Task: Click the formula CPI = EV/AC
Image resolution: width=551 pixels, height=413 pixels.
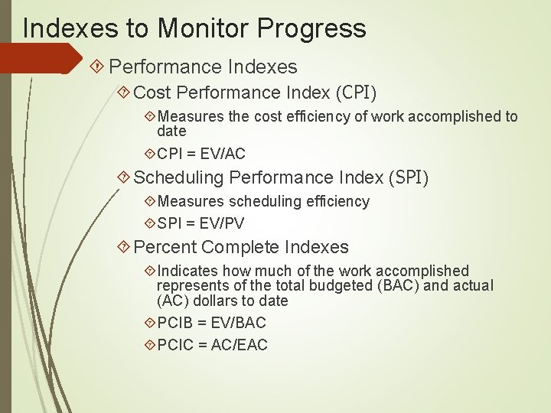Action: (x=201, y=154)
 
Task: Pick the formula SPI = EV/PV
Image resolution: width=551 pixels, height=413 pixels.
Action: (x=201, y=223)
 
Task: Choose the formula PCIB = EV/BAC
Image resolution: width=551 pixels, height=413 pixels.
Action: (x=211, y=323)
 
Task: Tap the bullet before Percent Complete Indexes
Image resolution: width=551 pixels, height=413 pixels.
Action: (x=124, y=247)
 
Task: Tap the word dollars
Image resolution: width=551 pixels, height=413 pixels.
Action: (x=219, y=301)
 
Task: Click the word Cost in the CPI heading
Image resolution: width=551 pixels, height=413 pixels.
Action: (x=152, y=93)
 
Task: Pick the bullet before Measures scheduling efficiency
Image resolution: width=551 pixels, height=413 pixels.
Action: (x=149, y=201)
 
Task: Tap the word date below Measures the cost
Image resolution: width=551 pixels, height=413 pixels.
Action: (x=171, y=132)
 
